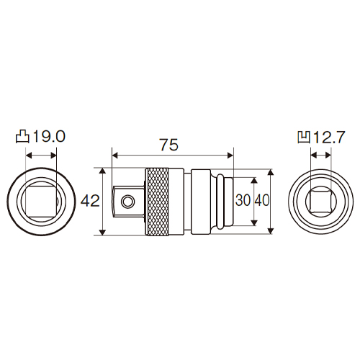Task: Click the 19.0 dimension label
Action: pos(49,137)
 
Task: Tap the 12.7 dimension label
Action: pos(328,137)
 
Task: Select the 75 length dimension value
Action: pos(169,145)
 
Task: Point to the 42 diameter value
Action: pos(90,201)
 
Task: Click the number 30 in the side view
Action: pos(243,200)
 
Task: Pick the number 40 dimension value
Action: pos(262,200)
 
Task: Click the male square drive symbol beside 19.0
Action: pos(22,137)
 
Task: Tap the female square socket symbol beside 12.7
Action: pos(304,137)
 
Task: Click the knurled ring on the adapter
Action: pos(158,202)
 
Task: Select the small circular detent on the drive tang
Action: pos(127,201)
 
